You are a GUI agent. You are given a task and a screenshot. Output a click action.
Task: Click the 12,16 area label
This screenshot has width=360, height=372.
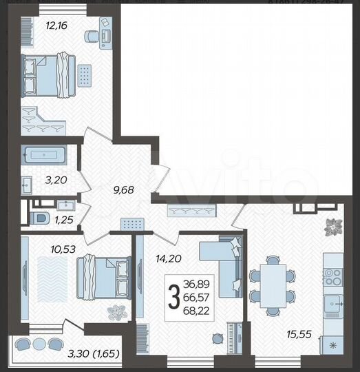click(36, 27)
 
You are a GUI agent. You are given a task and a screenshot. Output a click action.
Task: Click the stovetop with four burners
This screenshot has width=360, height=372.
click(333, 276)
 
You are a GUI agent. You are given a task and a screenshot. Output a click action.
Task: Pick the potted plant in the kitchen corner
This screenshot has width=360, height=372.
click(333, 227)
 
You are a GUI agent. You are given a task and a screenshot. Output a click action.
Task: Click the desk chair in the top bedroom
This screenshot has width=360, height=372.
click(92, 36)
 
